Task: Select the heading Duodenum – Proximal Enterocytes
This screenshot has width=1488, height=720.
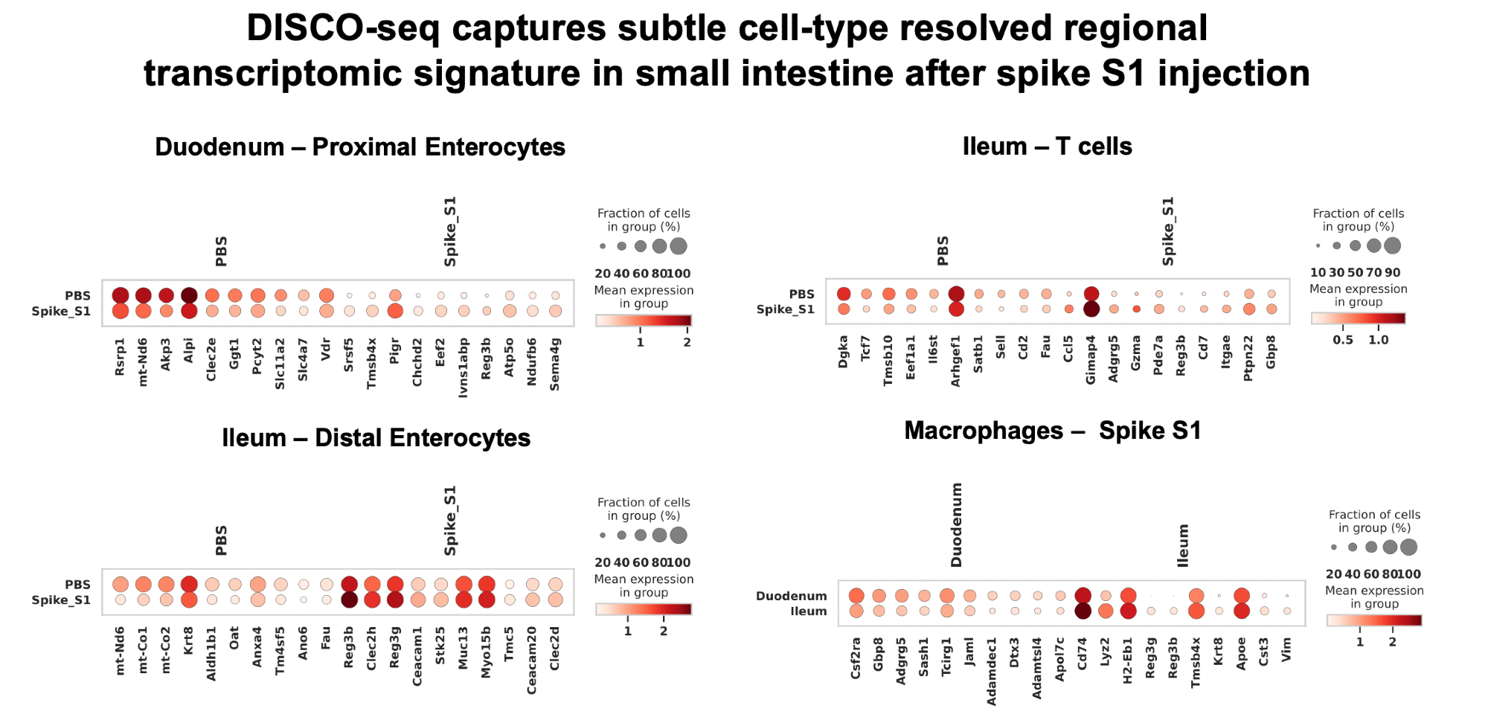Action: (x=360, y=147)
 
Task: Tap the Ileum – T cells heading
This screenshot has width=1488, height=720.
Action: (x=1047, y=147)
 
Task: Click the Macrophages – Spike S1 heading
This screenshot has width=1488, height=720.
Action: (x=1053, y=431)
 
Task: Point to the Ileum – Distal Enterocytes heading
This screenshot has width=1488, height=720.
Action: (x=376, y=438)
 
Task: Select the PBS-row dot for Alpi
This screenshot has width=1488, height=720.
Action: (x=189, y=295)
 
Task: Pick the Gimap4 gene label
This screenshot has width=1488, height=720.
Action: (x=1091, y=360)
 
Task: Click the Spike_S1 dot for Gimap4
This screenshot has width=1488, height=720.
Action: (x=1091, y=309)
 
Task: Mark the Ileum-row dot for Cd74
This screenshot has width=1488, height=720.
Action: (x=1083, y=611)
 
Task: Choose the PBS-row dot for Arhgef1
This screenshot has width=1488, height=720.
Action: (x=957, y=294)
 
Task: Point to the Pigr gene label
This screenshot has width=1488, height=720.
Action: (x=395, y=351)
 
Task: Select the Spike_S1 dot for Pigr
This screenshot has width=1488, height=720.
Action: (x=395, y=311)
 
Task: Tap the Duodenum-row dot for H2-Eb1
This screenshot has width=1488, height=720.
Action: (x=1128, y=595)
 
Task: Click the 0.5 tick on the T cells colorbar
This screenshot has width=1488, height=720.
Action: (x=1343, y=340)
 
